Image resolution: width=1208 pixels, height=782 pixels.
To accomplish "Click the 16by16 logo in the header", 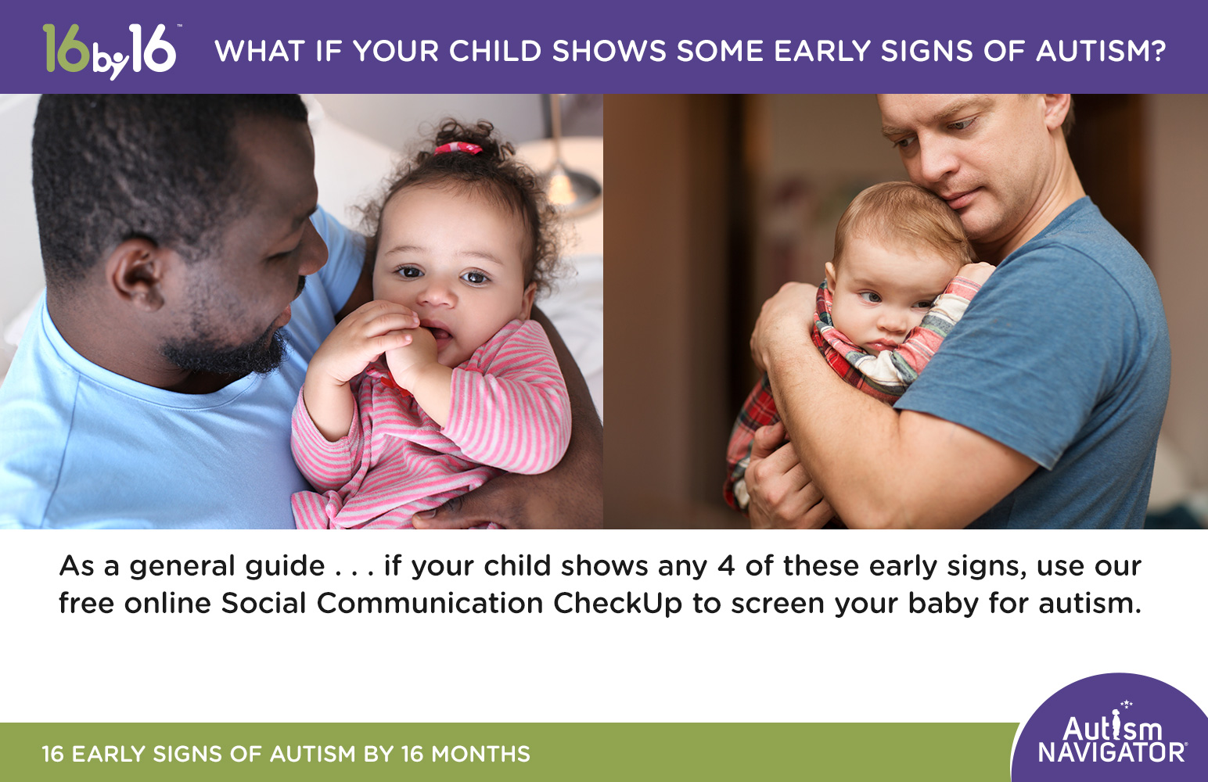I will pyautogui.click(x=110, y=51).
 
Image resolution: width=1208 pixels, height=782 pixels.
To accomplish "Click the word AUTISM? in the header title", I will pyautogui.click(x=1101, y=52).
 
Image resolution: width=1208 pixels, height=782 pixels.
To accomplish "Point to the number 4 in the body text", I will pyautogui.click(x=726, y=566).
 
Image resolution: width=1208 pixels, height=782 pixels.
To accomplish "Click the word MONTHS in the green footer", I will pyautogui.click(x=480, y=754).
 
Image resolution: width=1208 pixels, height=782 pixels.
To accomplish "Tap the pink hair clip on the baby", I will pyautogui.click(x=458, y=148).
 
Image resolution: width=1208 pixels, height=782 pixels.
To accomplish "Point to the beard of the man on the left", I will pyautogui.click(x=227, y=352).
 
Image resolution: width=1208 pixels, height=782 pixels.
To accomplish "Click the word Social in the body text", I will pyautogui.click(x=264, y=604).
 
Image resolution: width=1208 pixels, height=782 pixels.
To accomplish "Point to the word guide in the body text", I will pyautogui.click(x=282, y=566).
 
